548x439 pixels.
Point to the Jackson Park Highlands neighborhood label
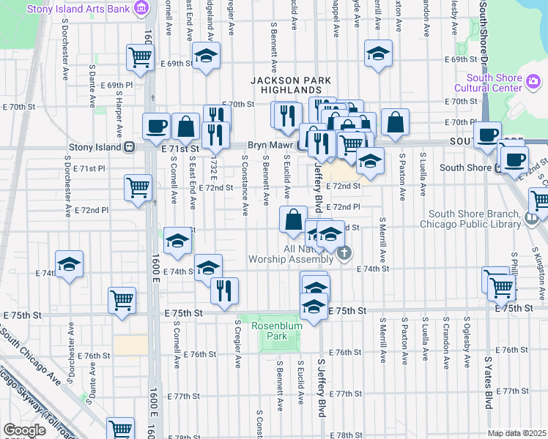pos(291,86)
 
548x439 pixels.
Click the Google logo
pos(25,429)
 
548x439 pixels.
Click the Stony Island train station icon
pos(129,146)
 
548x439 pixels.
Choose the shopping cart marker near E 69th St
pos(139,56)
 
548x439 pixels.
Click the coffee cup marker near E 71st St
pos(155,126)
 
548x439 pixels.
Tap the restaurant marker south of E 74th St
pos(224,290)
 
